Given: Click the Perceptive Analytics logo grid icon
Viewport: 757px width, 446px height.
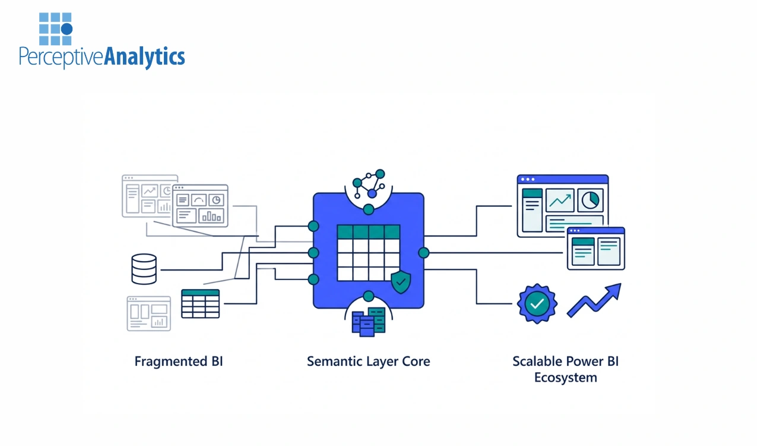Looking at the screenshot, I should pos(55,29).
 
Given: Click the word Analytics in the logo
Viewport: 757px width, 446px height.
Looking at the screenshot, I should pos(144,57).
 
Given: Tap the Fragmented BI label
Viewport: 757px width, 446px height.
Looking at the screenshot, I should pos(178,361).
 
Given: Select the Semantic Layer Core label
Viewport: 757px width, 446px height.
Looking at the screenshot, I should pos(368,361).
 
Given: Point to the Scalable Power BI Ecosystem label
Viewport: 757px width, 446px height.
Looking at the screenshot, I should pos(565,369).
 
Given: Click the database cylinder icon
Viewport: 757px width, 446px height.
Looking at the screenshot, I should pos(144,269).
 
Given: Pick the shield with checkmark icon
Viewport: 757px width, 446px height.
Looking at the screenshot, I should pos(401,281).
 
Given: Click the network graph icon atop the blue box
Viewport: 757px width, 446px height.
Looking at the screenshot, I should pos(369,184).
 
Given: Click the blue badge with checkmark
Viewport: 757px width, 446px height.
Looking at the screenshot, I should pos(537,303).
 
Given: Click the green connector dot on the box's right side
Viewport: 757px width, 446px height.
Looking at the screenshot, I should pos(423,253).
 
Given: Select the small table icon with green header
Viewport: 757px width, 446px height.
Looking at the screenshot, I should pos(200,303).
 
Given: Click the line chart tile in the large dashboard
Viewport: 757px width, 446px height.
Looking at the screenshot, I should pos(560,200).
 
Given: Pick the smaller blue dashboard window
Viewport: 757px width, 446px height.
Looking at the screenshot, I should pos(596,249).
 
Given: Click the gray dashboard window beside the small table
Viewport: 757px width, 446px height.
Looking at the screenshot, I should pos(148,313).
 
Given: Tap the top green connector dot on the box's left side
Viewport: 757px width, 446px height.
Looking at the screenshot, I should pos(313,226).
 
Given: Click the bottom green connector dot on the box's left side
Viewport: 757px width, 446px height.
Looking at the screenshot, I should pos(313,279).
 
